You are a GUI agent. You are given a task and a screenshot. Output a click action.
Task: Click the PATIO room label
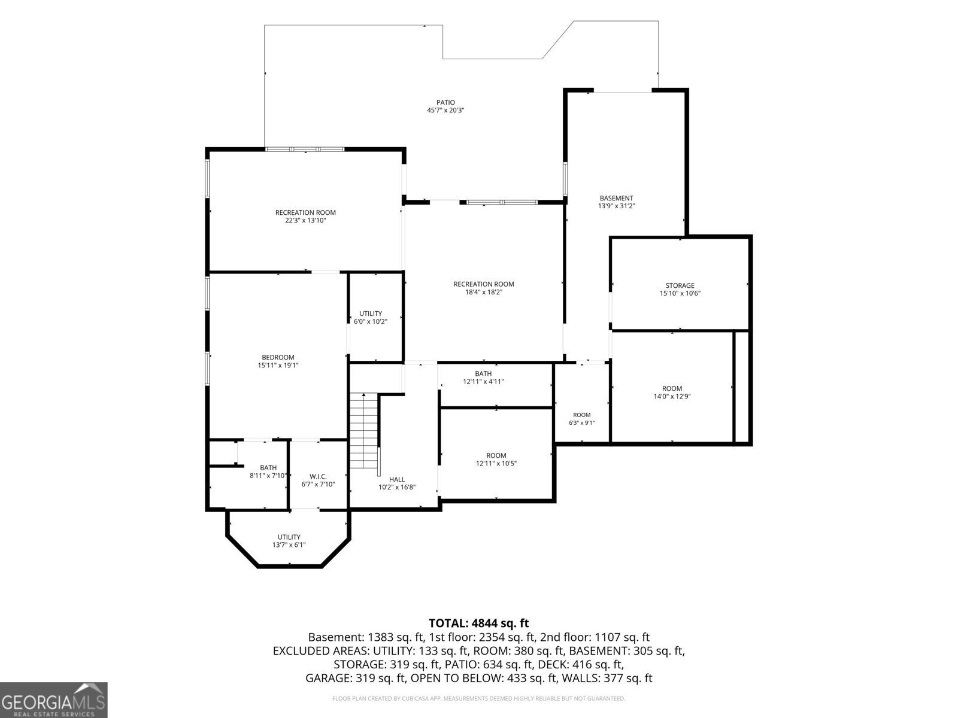445,102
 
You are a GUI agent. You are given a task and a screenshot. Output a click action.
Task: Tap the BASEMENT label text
616,198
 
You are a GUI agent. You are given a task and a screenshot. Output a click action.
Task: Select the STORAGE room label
680,285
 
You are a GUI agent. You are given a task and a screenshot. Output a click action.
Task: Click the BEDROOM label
278,357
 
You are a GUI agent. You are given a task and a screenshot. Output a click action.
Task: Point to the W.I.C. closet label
318,476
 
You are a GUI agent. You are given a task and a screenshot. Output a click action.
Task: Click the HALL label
397,479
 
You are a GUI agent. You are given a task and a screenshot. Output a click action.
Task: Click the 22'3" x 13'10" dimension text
305,220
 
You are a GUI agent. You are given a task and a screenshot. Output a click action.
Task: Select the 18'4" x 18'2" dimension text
484,292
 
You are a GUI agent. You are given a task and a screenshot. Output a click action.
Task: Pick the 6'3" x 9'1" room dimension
582,422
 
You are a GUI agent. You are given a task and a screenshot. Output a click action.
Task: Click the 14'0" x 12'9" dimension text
672,396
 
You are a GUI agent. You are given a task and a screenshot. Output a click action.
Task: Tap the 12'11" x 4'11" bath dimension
483,382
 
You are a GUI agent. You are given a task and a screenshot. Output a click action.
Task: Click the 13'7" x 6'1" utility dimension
289,544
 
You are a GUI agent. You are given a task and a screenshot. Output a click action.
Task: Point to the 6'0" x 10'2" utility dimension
371,321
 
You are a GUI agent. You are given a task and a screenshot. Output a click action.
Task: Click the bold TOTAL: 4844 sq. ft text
479,623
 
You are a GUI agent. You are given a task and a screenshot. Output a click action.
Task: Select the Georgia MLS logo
54,700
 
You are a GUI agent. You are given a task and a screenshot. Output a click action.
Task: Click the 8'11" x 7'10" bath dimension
268,476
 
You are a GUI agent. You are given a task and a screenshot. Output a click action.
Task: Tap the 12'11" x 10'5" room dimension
496,463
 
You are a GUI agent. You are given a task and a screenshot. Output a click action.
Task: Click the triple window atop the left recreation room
305,149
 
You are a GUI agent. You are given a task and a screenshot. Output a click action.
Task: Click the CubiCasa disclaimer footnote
479,698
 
